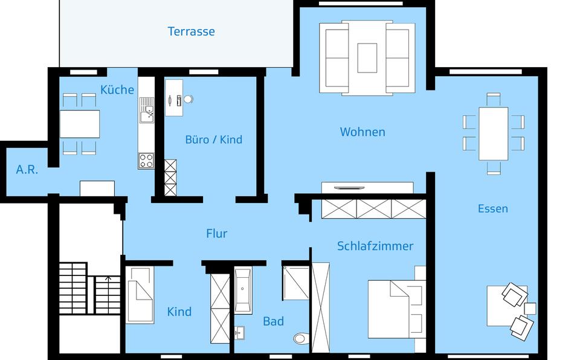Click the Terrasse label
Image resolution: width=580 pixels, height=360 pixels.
191,31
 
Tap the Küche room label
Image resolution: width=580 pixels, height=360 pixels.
117,90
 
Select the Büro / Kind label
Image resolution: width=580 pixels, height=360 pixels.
213,140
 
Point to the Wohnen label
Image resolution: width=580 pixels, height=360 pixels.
362,132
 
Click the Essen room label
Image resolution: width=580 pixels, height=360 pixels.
492,208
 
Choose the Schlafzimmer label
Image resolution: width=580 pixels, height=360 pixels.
375,246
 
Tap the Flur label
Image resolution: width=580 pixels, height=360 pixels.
216,233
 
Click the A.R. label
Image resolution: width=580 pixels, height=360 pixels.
27,170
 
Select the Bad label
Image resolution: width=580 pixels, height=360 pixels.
273,321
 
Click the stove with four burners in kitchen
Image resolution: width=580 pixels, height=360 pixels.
146,161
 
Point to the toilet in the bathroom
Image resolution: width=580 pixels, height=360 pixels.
300,338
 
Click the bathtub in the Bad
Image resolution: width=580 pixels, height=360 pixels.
243,291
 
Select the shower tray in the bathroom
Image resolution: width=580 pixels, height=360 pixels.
296,283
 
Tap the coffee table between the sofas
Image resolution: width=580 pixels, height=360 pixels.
367,58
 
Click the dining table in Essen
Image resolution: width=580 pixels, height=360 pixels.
493,133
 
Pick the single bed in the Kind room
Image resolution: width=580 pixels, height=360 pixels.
140,295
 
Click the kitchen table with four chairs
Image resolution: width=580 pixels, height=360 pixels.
80,124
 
